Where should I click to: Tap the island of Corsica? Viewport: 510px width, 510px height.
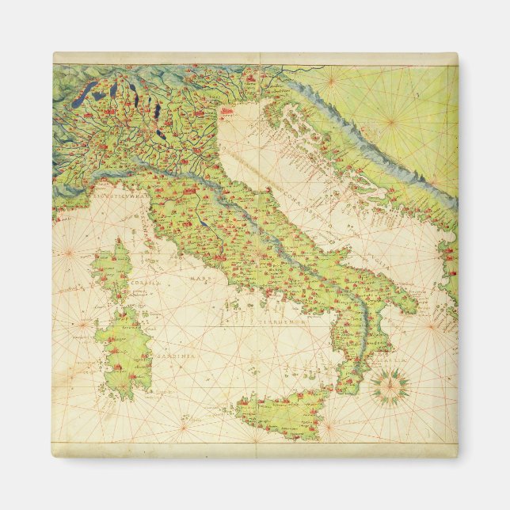tap(110, 269)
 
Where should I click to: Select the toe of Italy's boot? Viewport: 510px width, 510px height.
tap(348, 380)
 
